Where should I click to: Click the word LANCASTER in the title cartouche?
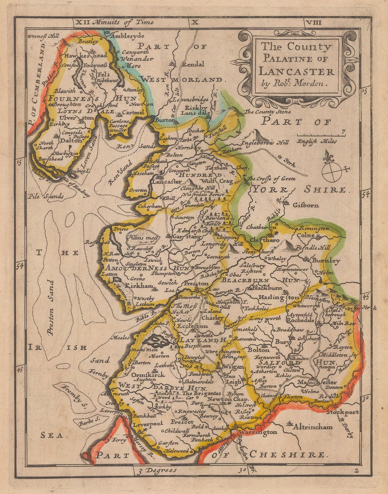tap(296, 72)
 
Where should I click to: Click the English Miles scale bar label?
tap(317, 142)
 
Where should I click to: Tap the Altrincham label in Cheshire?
tap(313, 427)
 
